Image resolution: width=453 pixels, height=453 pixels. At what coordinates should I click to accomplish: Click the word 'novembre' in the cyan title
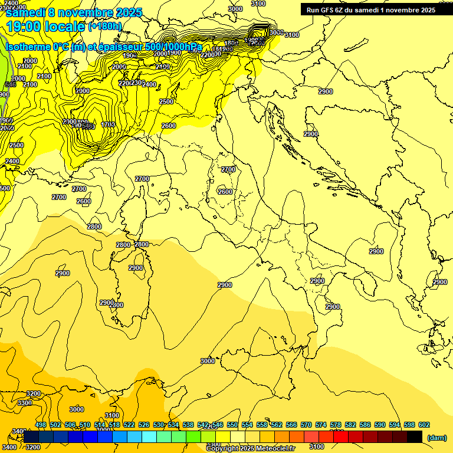(x=89, y=12)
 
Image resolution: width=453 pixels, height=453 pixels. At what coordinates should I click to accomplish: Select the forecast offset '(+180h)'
(x=105, y=27)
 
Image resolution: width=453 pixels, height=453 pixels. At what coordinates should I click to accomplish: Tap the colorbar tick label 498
(x=41, y=425)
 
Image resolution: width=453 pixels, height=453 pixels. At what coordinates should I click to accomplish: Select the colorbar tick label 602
(x=424, y=425)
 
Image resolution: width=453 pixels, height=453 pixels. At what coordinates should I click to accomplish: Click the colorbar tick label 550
(x=232, y=425)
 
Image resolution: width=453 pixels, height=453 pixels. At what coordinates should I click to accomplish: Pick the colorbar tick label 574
(x=321, y=425)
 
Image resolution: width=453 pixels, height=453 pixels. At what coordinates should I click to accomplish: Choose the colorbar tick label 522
(x=129, y=425)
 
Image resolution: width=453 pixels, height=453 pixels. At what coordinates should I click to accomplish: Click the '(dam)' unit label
(x=436, y=437)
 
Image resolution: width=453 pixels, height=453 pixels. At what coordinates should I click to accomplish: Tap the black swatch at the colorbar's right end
(x=415, y=437)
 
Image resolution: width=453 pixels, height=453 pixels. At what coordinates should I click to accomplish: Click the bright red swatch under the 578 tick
(x=341, y=437)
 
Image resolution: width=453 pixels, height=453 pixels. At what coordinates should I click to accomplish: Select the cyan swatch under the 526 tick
(x=149, y=437)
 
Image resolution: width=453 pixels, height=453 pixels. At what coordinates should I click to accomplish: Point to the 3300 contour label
(x=25, y=403)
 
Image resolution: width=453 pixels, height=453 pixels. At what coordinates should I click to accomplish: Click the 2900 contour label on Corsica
(x=136, y=268)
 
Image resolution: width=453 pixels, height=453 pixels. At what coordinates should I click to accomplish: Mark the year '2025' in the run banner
(x=426, y=10)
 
